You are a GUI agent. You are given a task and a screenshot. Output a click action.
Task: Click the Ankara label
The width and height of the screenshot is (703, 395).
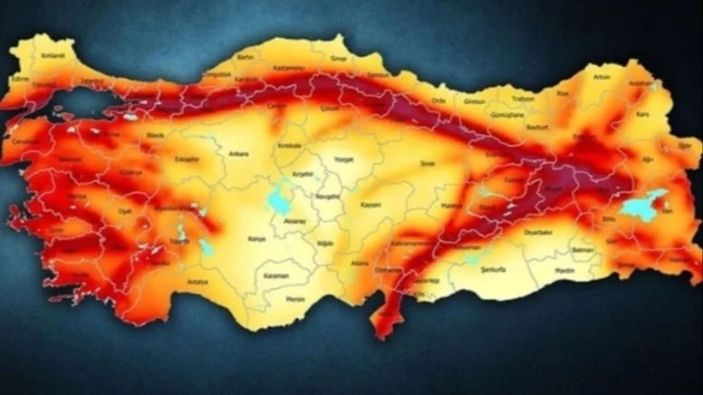pyautogui.click(x=238, y=153)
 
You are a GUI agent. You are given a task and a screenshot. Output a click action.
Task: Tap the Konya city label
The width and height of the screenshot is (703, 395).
pyautogui.click(x=256, y=239)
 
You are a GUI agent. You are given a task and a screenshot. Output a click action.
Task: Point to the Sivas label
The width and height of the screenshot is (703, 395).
pyautogui.click(x=427, y=164)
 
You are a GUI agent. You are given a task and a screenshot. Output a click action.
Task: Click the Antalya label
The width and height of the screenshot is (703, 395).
pyautogui.click(x=197, y=282)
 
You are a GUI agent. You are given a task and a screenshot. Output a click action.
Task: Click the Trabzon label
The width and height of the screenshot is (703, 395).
pyautogui.click(x=522, y=98)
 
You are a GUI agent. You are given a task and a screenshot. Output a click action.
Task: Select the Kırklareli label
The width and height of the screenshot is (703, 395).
pyautogui.click(x=53, y=55)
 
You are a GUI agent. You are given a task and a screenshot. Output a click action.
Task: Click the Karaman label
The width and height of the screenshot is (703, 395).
pyautogui.click(x=276, y=275)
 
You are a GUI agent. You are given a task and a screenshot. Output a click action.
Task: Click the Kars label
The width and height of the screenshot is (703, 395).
pyautogui.click(x=642, y=116)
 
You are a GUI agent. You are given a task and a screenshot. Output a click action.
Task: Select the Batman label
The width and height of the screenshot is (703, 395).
pyautogui.click(x=582, y=248)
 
